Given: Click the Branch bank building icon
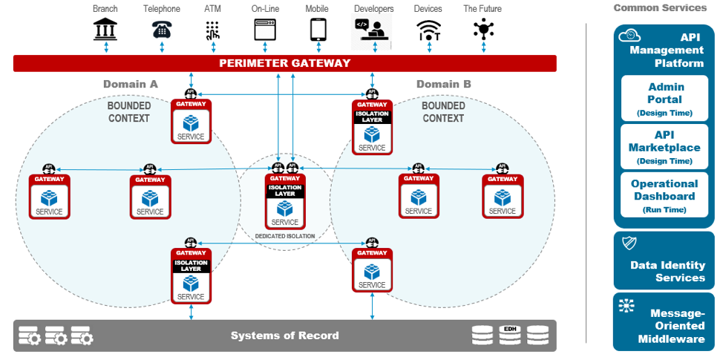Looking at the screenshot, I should click(x=105, y=30).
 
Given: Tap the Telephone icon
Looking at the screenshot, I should click(x=161, y=30).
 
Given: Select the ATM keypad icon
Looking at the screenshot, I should click(x=213, y=30).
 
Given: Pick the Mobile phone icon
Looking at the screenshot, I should click(x=318, y=30).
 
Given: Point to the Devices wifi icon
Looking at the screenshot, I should click(x=428, y=30).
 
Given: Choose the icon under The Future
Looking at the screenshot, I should click(x=483, y=30).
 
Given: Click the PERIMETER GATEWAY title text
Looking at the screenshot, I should click(x=284, y=64).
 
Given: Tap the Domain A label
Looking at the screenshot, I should click(x=131, y=84).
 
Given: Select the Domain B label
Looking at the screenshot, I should click(x=443, y=84).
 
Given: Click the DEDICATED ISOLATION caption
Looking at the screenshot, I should click(x=284, y=236).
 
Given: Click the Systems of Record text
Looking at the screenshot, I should click(x=284, y=336).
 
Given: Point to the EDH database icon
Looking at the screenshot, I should click(x=510, y=335).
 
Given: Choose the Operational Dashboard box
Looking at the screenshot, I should click(x=665, y=195).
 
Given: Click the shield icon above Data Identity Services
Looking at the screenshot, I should click(x=629, y=243).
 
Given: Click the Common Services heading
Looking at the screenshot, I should click(x=660, y=8).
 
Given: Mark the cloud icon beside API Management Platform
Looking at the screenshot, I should click(x=629, y=36).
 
